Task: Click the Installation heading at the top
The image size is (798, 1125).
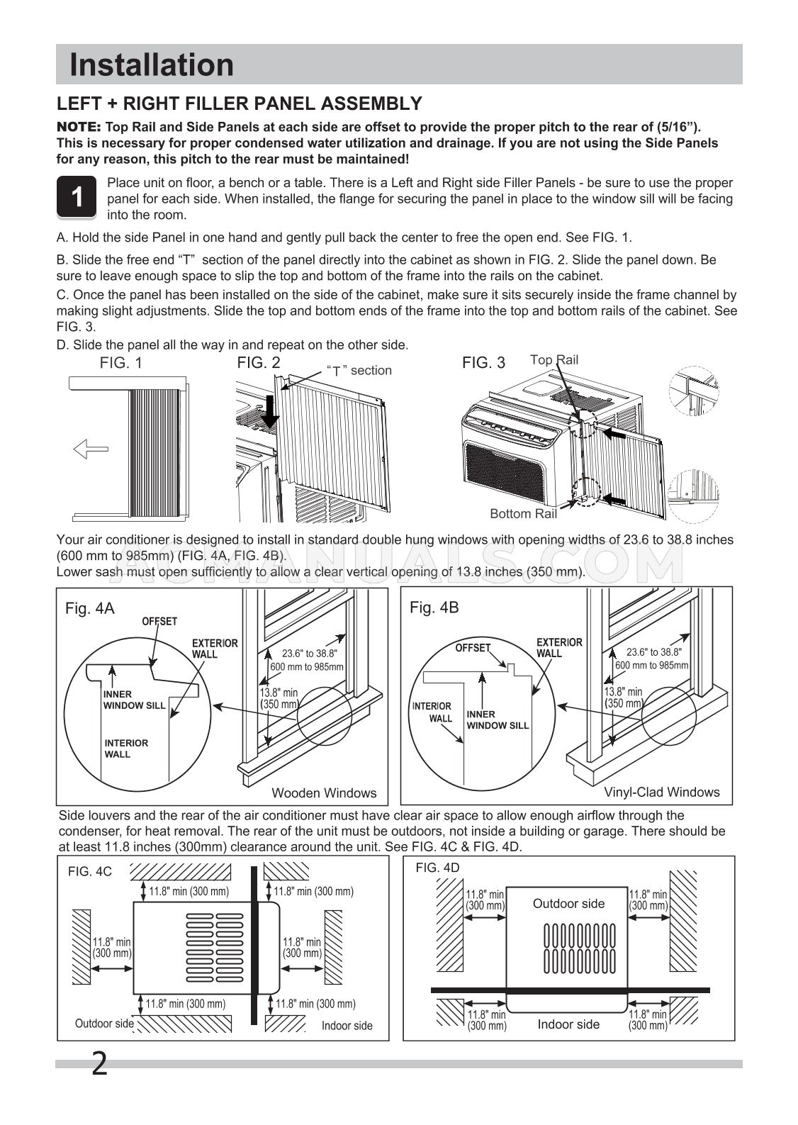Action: coord(152,65)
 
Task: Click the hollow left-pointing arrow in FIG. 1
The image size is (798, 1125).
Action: coord(91,449)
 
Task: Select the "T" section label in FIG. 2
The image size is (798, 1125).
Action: coord(359,371)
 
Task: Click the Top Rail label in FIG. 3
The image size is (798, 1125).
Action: coord(554,360)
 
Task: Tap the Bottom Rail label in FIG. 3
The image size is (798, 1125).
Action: coord(523,514)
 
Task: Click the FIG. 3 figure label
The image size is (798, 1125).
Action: coord(483,363)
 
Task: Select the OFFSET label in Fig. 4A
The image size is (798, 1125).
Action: coord(159,622)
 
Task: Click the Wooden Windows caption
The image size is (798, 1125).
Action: coord(324,793)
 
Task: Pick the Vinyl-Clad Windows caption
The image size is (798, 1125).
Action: coord(661,792)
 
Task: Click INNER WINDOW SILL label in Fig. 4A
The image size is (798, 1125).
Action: coord(134,700)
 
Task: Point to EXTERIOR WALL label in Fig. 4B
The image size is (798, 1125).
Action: coord(559,647)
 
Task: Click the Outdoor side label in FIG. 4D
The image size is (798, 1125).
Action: coord(568,904)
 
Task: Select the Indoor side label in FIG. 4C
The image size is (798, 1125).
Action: coord(347,1026)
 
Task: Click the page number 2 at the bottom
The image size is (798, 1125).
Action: coord(99,1064)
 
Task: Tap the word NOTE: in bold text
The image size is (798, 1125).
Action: coord(79,127)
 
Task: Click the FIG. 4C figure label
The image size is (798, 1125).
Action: coord(90,872)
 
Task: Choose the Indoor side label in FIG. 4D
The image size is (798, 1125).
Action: coord(568,1024)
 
